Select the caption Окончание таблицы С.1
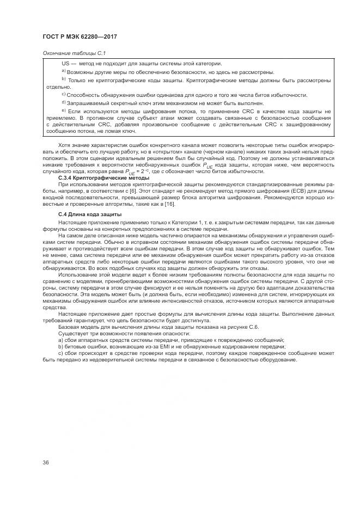(74, 53)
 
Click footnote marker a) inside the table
(64, 71)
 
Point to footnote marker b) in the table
(64, 79)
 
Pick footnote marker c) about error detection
(64, 94)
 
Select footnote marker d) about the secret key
(64, 102)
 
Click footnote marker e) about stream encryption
(64, 111)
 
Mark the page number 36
(46, 463)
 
